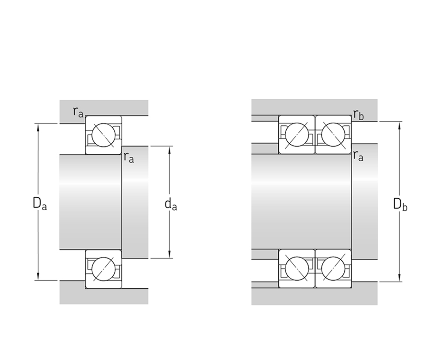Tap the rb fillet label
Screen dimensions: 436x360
(x=358, y=114)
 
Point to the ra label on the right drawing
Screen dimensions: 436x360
(x=358, y=156)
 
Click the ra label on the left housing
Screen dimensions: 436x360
(x=78, y=112)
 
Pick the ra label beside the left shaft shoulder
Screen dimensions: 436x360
(x=129, y=157)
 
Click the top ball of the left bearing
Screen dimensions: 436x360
(x=103, y=135)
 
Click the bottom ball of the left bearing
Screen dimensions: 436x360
(x=103, y=269)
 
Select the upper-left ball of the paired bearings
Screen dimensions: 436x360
(x=297, y=134)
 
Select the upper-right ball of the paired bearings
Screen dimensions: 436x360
(x=333, y=134)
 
